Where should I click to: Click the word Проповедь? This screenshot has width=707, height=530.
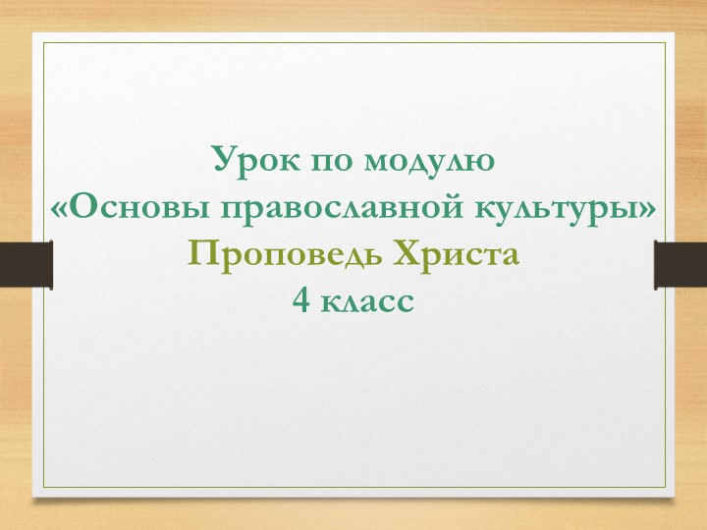click(284, 256)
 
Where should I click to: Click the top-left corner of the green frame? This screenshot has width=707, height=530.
click(42, 42)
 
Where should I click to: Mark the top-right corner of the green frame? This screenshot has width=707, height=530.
click(665, 42)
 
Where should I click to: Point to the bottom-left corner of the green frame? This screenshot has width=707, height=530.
click(42, 488)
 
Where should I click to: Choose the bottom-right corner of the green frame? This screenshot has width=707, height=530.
click(665, 488)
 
